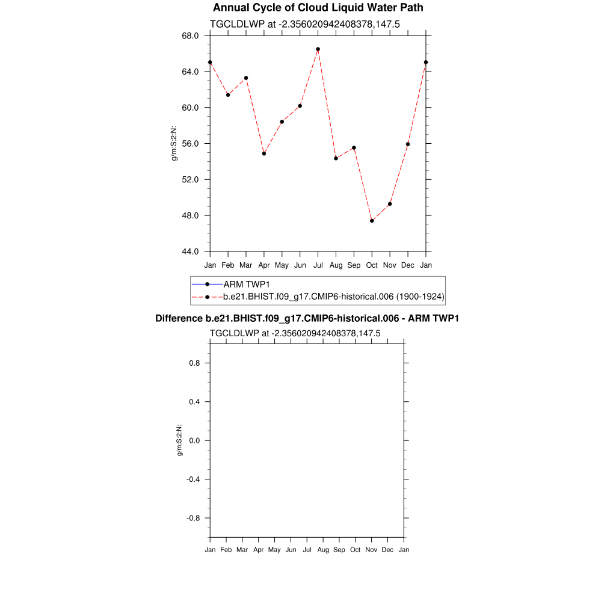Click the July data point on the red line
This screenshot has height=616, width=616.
(x=318, y=49)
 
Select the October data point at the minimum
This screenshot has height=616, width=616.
(x=372, y=221)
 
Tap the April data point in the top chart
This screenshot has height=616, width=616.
(x=263, y=153)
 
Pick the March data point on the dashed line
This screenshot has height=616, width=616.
(x=246, y=78)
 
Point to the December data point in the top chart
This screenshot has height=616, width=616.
(x=408, y=144)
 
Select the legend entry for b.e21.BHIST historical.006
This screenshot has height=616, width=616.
(x=333, y=297)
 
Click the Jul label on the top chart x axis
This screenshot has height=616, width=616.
(x=318, y=265)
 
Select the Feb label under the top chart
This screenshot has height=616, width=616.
(x=228, y=265)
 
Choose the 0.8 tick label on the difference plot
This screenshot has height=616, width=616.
(x=194, y=363)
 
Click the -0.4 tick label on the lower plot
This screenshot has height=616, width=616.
(x=192, y=479)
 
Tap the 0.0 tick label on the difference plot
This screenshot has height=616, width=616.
(x=194, y=441)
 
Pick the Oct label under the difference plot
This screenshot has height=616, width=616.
(x=356, y=550)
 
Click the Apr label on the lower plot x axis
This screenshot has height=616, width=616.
(x=258, y=550)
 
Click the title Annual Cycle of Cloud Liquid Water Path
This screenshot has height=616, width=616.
(x=318, y=8)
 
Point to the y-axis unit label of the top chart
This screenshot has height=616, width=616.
(x=174, y=143)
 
